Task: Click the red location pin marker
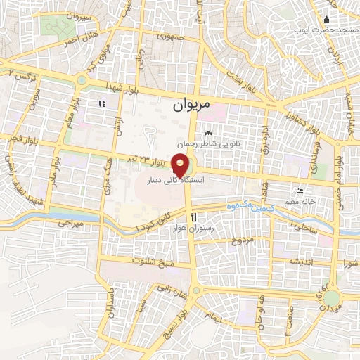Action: tap(181, 166)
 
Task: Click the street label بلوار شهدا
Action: tap(146, 94)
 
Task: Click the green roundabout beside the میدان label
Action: tap(331, 300)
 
